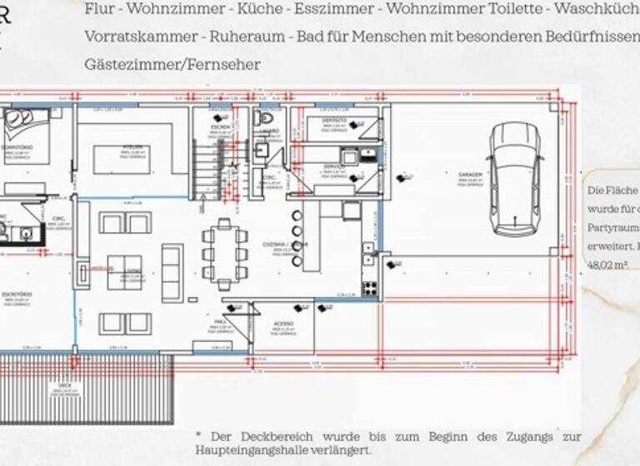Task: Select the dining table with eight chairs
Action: pos(224,252)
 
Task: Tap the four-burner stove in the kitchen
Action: pos(369,288)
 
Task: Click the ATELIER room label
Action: pos(133,146)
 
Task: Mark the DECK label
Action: pos(65,385)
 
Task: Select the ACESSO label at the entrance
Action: pos(284,327)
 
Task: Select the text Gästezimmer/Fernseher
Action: pos(172,64)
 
